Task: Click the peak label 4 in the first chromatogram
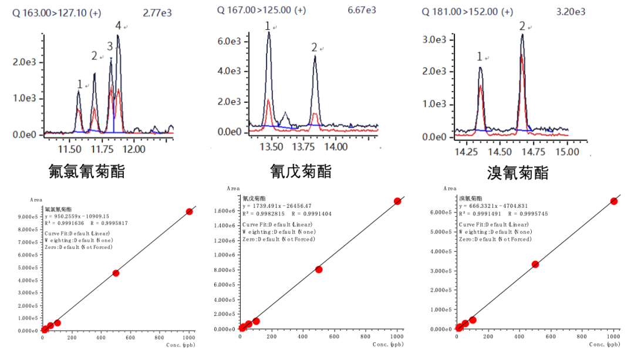pyautogui.click(x=118, y=26)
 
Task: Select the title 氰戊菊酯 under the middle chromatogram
pyautogui.click(x=301, y=171)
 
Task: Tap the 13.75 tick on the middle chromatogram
pyautogui.click(x=303, y=146)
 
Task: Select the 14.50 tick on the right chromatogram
pyautogui.click(x=500, y=152)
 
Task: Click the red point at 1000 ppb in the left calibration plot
pyautogui.click(x=189, y=211)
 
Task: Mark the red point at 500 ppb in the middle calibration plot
pyautogui.click(x=319, y=270)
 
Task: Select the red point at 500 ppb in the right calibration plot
pyautogui.click(x=535, y=264)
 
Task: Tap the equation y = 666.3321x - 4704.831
pyautogui.click(x=495, y=206)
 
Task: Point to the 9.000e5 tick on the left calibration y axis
pyautogui.click(x=27, y=217)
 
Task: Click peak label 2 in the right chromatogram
pyautogui.click(x=522, y=26)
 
